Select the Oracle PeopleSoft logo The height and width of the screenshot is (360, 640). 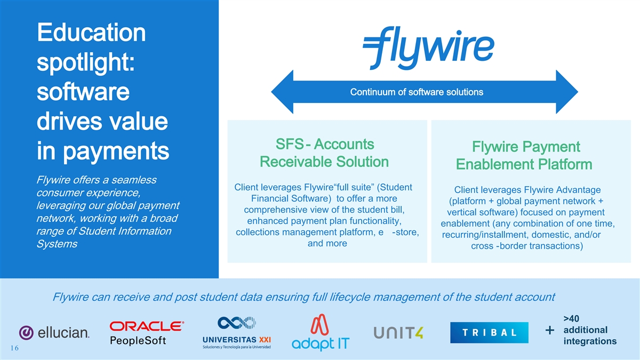tap(147, 333)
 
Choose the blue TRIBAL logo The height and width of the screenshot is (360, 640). tap(489, 332)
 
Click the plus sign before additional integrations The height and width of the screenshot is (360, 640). tap(550, 331)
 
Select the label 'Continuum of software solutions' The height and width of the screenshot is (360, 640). tap(417, 92)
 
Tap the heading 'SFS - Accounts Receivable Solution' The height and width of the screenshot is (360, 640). tap(324, 153)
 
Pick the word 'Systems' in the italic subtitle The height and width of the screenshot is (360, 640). tap(56, 244)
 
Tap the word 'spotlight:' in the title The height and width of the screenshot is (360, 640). tap(85, 63)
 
